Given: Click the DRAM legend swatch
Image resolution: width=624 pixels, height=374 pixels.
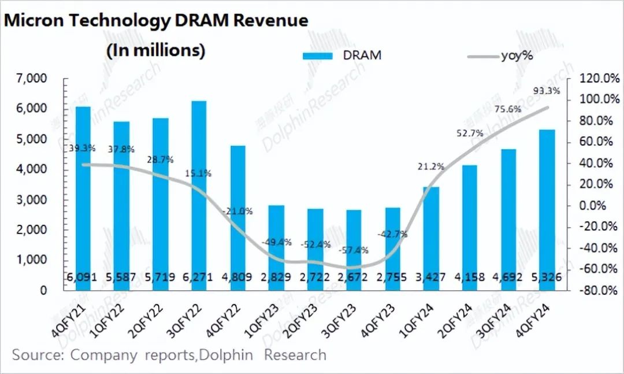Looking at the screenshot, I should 318,55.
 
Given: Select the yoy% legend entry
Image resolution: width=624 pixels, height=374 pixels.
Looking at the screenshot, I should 500,55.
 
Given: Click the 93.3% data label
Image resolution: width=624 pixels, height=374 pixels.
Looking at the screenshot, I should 546,91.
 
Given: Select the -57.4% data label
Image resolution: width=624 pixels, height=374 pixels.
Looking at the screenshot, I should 352,250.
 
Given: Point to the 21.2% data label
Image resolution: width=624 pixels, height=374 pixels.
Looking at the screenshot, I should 430,167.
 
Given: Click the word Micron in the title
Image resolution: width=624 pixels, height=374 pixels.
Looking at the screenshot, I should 34,21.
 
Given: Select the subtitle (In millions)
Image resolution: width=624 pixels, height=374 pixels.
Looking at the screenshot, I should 155,50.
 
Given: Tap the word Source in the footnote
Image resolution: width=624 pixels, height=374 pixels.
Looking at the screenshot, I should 35,354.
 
